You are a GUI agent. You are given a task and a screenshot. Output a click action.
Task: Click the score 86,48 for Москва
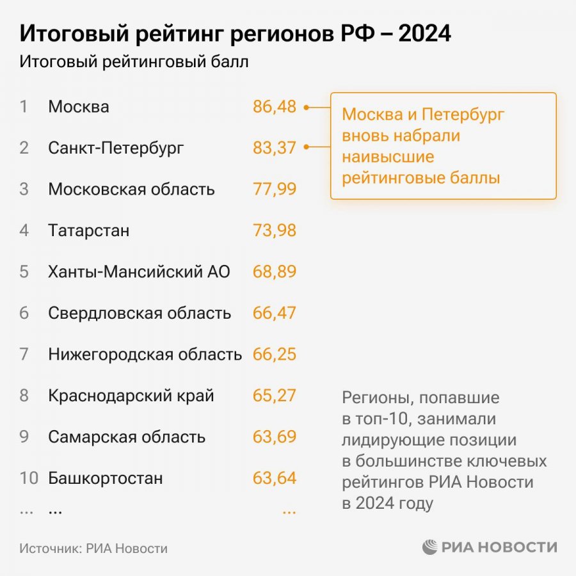pos(275,107)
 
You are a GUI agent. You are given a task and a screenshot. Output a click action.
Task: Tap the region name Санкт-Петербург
pos(116,148)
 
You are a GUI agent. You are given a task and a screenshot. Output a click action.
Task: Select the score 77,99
pos(275,189)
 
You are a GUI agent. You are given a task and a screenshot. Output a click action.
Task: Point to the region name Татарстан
pos(88,230)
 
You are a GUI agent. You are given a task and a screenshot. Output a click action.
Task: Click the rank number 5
pos(24,271)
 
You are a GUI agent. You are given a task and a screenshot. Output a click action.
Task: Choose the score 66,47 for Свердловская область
pos(275,313)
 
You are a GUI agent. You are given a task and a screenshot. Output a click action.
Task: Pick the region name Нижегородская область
pos(145,354)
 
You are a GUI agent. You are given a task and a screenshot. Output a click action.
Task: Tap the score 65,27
pos(275,395)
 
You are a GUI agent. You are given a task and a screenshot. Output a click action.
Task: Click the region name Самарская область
pos(127,437)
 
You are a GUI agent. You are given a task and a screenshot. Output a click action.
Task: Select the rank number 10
pos(29,478)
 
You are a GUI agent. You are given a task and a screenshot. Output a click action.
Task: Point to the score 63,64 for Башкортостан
pos(275,478)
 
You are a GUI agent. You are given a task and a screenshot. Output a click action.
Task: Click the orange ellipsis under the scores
pos(289,511)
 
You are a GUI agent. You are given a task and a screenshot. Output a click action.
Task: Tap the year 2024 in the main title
pos(425,34)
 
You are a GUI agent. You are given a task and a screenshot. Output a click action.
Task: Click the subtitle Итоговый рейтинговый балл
pos(134,63)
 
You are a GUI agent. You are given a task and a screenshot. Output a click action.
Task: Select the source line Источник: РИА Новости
pos(93,548)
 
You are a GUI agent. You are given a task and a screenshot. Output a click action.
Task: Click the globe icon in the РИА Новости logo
pos(429,548)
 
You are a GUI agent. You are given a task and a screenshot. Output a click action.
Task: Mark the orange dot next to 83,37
pos(307,148)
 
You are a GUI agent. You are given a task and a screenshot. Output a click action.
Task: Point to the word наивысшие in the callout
pos(388,157)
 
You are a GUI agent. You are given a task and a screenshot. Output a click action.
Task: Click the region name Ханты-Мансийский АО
pos(139,271)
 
